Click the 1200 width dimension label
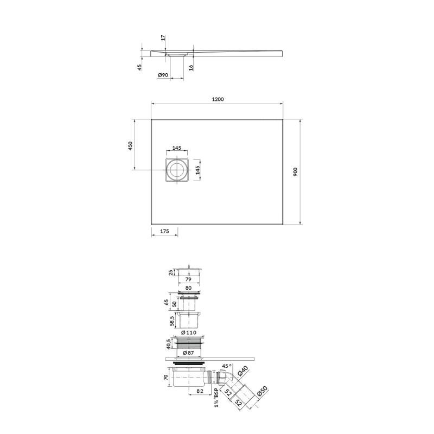click(218, 99)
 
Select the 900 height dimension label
click(295, 172)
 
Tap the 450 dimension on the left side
click(130, 146)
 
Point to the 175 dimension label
click(164, 231)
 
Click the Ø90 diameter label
click(163, 75)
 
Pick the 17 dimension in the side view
click(163, 37)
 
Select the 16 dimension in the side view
click(192, 67)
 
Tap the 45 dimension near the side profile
click(140, 67)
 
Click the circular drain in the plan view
click(177, 170)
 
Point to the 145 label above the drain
click(177, 148)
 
